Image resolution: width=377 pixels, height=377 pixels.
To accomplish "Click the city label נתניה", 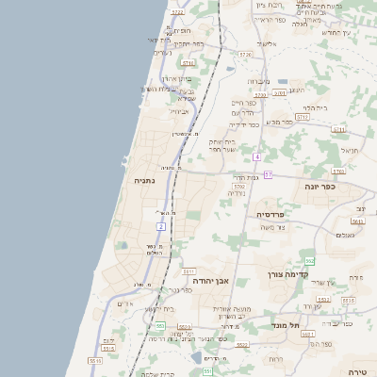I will click(144, 180).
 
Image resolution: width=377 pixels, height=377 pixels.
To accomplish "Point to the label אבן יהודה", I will click(211, 281).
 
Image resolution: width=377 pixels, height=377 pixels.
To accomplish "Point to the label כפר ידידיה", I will click(244, 124).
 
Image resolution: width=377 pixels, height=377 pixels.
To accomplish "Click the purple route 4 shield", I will click(256, 156).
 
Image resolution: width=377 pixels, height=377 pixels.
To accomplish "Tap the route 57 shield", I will click(268, 174).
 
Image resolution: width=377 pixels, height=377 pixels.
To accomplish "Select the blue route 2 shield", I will click(161, 227).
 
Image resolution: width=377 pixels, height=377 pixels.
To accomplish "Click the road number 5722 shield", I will click(178, 12).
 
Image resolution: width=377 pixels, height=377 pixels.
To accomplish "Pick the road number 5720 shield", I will click(245, 55).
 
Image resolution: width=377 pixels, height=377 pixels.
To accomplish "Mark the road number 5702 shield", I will click(239, 187).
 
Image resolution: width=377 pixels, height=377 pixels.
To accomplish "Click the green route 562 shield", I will click(309, 260).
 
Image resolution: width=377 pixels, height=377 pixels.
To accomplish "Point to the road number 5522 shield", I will click(243, 345).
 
